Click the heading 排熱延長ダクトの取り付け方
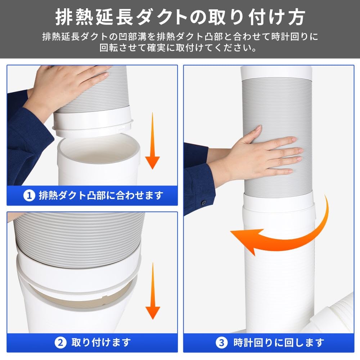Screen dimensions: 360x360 (x=180, y=16)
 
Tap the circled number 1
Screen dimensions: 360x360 (x=29, y=195)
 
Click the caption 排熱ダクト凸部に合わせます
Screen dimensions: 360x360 (x=101, y=195)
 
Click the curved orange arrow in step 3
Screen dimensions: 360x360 (x=284, y=234)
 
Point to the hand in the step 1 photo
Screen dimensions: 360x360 (x=68, y=86)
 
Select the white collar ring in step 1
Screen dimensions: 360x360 (x=93, y=121)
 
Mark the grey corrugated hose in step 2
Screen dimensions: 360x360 (x=77, y=230)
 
